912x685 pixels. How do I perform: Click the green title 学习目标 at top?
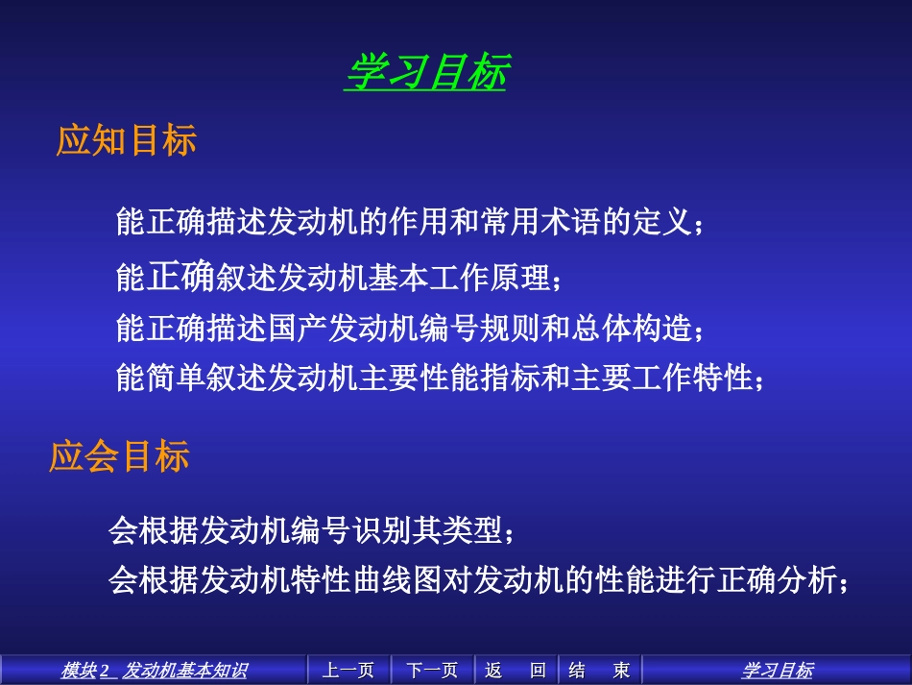tap(425, 72)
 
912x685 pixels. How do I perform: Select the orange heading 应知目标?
tap(127, 140)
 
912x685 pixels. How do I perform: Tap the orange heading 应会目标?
tap(119, 456)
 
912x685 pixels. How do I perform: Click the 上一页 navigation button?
tap(348, 670)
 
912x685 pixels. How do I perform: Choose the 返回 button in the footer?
tap(516, 670)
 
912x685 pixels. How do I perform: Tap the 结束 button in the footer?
tap(599, 670)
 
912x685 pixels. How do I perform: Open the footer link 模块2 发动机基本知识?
tap(154, 670)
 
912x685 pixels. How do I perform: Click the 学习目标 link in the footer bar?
tap(777, 670)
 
